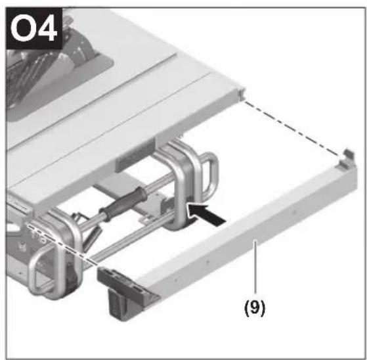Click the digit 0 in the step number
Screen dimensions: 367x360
click(22, 28)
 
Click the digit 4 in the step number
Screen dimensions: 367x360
click(47, 28)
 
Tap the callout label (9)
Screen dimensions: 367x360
click(255, 307)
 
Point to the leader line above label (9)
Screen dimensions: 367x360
click(256, 267)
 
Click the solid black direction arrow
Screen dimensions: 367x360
click(207, 215)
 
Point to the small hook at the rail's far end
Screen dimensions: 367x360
click(348, 159)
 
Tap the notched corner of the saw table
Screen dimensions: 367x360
click(240, 94)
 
